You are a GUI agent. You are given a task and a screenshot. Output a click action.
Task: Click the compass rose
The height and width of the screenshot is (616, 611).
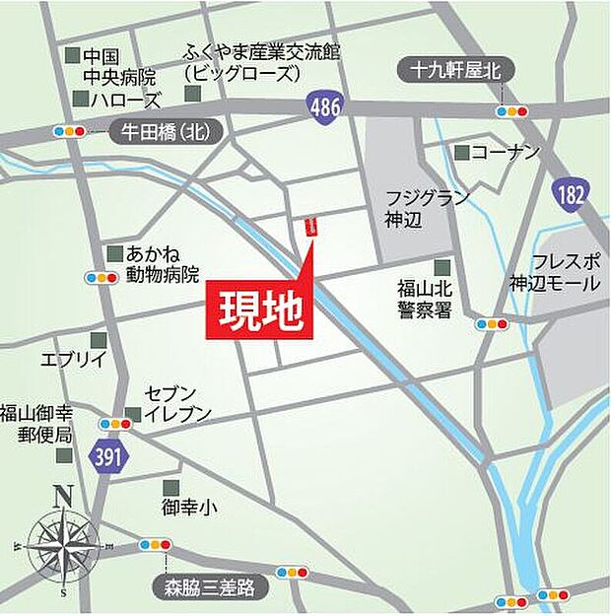click(63, 541)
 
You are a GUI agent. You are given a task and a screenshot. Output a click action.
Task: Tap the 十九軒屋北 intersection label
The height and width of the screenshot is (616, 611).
click(455, 69)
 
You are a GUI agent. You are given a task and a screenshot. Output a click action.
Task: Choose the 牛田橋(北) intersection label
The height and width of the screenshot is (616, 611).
click(165, 132)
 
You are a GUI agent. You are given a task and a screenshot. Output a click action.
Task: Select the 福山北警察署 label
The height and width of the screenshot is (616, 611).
click(424, 298)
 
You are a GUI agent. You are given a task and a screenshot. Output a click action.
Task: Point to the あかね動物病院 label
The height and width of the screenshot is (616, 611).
click(163, 264)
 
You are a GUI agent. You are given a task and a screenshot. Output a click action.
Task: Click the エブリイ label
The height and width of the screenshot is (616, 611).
click(72, 360)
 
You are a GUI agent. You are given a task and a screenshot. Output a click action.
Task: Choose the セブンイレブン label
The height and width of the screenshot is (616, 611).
click(177, 405)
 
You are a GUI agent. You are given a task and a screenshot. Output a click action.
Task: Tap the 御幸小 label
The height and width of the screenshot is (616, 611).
click(190, 510)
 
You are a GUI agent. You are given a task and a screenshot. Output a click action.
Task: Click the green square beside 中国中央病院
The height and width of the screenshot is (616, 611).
click(71, 57)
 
